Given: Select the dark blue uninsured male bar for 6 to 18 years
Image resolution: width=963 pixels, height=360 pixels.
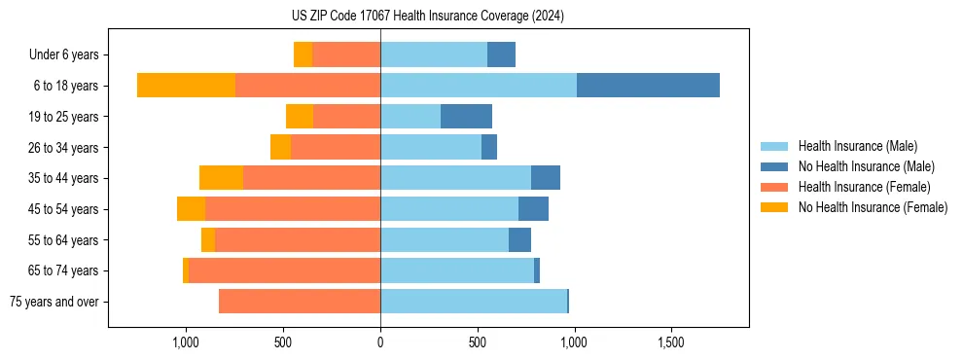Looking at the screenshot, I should pyautogui.click(x=648, y=86).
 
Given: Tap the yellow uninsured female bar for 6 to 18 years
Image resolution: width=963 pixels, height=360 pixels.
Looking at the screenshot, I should pyautogui.click(x=186, y=86).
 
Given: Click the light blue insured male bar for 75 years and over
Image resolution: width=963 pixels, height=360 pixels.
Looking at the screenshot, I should pyautogui.click(x=474, y=302).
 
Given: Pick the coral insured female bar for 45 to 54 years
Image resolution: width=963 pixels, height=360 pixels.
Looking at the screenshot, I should pyautogui.click(x=293, y=209).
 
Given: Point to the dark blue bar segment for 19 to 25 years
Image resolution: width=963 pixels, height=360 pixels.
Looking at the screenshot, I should pyautogui.click(x=466, y=117).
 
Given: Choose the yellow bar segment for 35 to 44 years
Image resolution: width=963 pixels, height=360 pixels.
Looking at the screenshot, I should pyautogui.click(x=221, y=178).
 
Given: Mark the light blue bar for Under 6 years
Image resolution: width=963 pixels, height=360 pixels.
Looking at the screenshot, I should pyautogui.click(x=434, y=54).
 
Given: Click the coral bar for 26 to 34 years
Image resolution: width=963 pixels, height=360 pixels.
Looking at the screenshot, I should pyautogui.click(x=336, y=147).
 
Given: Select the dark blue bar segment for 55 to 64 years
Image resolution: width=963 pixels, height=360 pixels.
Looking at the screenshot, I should pyautogui.click(x=519, y=239).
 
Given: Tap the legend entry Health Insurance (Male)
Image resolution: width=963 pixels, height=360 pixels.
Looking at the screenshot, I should pyautogui.click(x=857, y=146).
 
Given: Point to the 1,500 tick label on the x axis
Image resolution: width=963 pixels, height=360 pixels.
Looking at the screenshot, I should pyautogui.click(x=671, y=342).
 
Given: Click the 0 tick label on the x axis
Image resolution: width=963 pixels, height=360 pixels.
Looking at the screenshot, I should pyautogui.click(x=380, y=342).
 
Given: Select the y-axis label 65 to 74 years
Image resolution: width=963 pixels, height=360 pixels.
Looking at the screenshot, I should pyautogui.click(x=63, y=270).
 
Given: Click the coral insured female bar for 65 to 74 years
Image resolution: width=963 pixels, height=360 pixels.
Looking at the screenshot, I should pyautogui.click(x=284, y=270).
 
